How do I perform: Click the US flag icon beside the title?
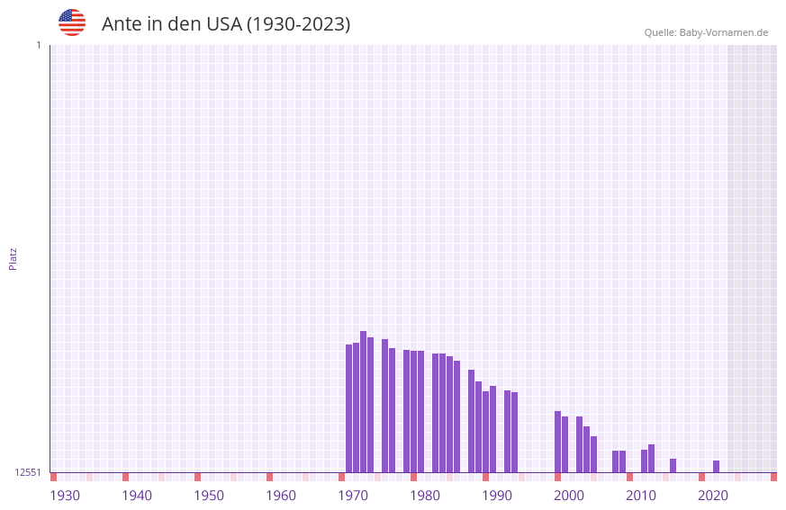(x=72, y=22)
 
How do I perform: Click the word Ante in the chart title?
(x=121, y=24)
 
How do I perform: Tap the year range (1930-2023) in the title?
(x=298, y=24)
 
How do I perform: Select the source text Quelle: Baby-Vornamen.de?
(x=706, y=32)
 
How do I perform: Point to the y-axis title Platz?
(x=13, y=258)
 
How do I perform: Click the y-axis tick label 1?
(x=39, y=45)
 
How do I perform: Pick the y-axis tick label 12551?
(x=28, y=472)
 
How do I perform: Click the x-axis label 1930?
(x=65, y=496)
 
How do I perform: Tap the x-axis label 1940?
(x=137, y=496)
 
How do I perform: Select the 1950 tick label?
(x=209, y=496)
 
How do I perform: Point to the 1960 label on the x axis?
(x=281, y=496)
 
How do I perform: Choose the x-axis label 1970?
(x=353, y=496)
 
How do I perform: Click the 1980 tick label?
(x=425, y=496)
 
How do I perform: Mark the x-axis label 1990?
(x=497, y=496)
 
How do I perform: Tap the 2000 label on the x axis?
(x=569, y=496)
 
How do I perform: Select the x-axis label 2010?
(x=641, y=496)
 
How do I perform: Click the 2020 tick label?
(x=713, y=496)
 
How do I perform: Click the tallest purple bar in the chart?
(x=364, y=401)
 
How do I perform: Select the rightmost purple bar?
(x=717, y=466)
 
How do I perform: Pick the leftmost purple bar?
(x=349, y=408)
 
